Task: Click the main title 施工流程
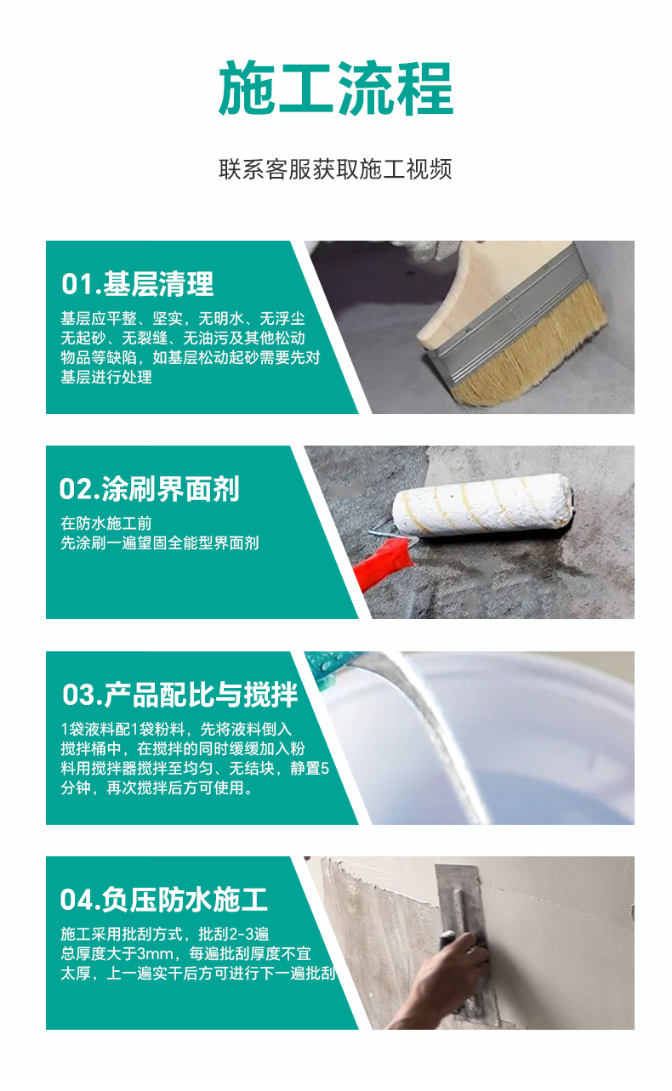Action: coord(336,88)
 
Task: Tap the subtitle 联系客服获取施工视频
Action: coord(335,169)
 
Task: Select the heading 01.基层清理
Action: coord(138,283)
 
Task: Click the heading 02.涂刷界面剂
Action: coord(149,488)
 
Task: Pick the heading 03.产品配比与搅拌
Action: coord(179,695)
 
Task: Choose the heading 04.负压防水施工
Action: coord(163,899)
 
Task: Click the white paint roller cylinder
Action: coord(481,505)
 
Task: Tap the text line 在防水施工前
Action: coord(105,524)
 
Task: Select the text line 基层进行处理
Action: coord(105,377)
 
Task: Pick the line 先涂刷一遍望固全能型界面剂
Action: coord(159,543)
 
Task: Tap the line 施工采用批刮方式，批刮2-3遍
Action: coord(165,934)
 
